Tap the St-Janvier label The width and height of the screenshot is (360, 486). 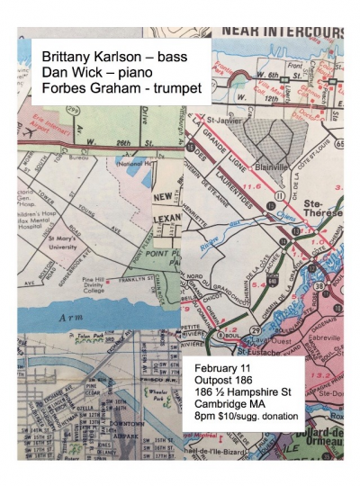(220, 119)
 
